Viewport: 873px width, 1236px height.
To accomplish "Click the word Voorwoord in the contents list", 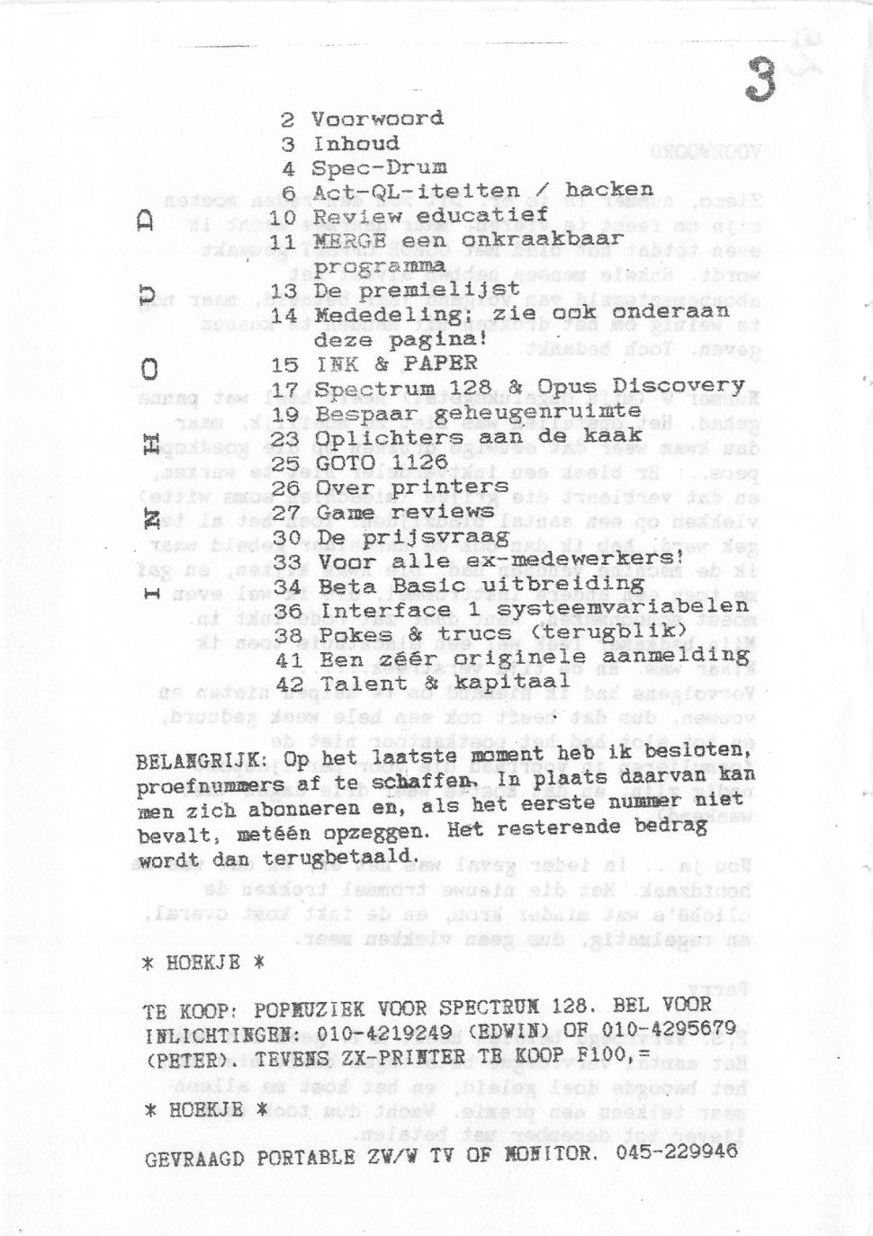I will click(x=377, y=119).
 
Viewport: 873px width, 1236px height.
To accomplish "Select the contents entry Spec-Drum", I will click(x=379, y=167).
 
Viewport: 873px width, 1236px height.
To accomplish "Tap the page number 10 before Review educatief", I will click(x=283, y=217).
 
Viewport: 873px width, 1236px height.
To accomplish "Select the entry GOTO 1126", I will click(x=382, y=462).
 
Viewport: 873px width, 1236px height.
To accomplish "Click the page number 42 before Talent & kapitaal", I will click(x=289, y=685).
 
